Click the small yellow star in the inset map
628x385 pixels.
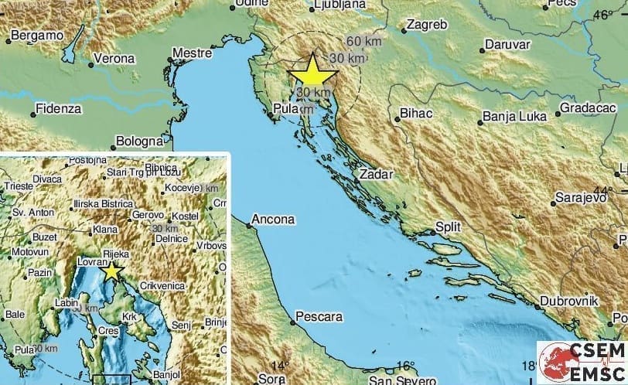113,271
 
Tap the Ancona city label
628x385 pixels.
275,220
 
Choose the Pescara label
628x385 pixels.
318,317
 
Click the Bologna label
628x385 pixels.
139,141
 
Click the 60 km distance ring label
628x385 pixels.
363,41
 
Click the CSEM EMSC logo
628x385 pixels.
582,359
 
